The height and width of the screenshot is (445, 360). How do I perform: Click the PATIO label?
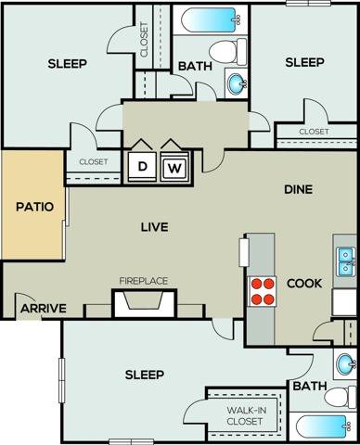pyautogui.click(x=34, y=206)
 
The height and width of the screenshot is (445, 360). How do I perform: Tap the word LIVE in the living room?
pyautogui.click(x=153, y=226)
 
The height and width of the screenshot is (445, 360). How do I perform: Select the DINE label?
pyautogui.click(x=298, y=189)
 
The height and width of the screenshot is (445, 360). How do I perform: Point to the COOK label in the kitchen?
pyautogui.click(x=303, y=283)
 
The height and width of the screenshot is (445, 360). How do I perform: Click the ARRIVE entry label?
pyautogui.click(x=42, y=309)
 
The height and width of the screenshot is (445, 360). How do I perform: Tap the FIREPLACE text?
pyautogui.click(x=142, y=280)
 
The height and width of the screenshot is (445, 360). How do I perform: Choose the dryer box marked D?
pyautogui.click(x=143, y=166)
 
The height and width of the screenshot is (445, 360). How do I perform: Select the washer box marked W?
pyautogui.click(x=174, y=167)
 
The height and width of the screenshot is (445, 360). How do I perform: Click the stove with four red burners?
pyautogui.click(x=264, y=290)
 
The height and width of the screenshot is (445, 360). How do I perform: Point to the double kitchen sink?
pyautogui.click(x=345, y=262)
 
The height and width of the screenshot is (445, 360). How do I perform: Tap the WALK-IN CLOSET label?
pyautogui.click(x=245, y=415)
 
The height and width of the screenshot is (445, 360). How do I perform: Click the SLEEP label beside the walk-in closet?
pyautogui.click(x=144, y=375)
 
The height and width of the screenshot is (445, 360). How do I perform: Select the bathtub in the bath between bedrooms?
pyautogui.click(x=210, y=19)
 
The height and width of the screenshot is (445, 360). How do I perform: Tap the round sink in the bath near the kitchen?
pyautogui.click(x=346, y=363)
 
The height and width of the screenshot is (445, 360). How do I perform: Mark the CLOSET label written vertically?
pyautogui.click(x=145, y=39)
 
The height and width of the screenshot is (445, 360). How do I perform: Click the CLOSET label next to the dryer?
pyautogui.click(x=93, y=162)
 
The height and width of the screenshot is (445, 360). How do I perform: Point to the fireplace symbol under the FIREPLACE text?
pyautogui.click(x=143, y=303)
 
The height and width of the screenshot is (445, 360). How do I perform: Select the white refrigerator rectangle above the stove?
pyautogui.click(x=245, y=252)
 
